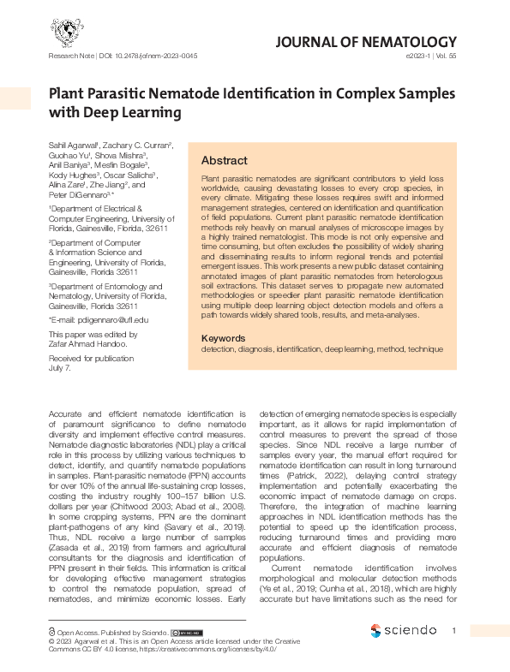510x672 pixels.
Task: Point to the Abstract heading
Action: [x=224, y=161]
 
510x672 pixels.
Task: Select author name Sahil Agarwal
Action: [x=74, y=147]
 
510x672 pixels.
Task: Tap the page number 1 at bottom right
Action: [x=454, y=632]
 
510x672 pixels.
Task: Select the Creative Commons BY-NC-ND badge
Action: [x=186, y=632]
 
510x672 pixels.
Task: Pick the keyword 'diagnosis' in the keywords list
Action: [x=254, y=350]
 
